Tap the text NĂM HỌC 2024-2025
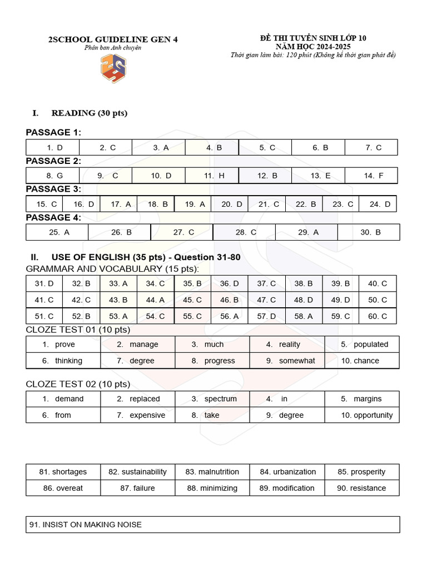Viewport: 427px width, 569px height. point(313,47)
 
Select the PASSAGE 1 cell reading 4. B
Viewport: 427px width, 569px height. point(213,148)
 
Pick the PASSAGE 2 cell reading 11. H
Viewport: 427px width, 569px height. point(213,176)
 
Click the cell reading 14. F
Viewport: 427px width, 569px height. point(373,176)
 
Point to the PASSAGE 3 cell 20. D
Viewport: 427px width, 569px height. point(231,204)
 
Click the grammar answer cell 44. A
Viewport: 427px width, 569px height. point(155,300)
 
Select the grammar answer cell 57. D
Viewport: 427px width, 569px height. point(266,316)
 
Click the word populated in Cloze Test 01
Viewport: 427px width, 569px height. point(371,345)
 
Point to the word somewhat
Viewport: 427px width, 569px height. point(297,361)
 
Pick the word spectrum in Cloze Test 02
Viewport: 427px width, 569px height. point(220,399)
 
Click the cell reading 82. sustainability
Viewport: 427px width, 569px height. point(137,472)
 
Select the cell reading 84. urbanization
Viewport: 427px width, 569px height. point(287,472)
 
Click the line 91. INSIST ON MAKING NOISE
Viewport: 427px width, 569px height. point(92,525)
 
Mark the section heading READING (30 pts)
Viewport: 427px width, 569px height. point(89,113)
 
